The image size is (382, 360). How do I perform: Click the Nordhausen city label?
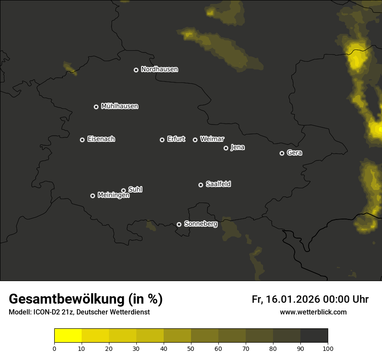(x=159, y=69)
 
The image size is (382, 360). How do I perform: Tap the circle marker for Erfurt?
(x=162, y=140)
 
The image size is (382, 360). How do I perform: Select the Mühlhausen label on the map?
(x=119, y=106)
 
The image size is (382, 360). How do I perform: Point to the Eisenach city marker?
(x=82, y=140)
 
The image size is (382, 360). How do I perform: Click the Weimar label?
(x=212, y=139)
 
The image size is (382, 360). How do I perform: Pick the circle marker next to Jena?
(x=226, y=148)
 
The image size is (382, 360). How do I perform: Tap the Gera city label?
(x=294, y=153)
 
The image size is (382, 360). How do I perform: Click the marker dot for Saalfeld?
(x=201, y=185)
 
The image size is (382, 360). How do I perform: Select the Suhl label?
(x=135, y=190)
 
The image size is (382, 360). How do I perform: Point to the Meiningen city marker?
(x=92, y=196)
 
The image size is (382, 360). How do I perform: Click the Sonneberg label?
(x=201, y=224)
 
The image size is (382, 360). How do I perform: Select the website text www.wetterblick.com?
(x=313, y=312)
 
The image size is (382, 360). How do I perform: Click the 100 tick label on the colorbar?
(x=328, y=348)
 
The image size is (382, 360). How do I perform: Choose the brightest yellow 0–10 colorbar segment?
(x=68, y=336)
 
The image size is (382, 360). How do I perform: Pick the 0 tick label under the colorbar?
(x=54, y=348)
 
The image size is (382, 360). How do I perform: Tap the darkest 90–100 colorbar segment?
(x=314, y=336)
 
